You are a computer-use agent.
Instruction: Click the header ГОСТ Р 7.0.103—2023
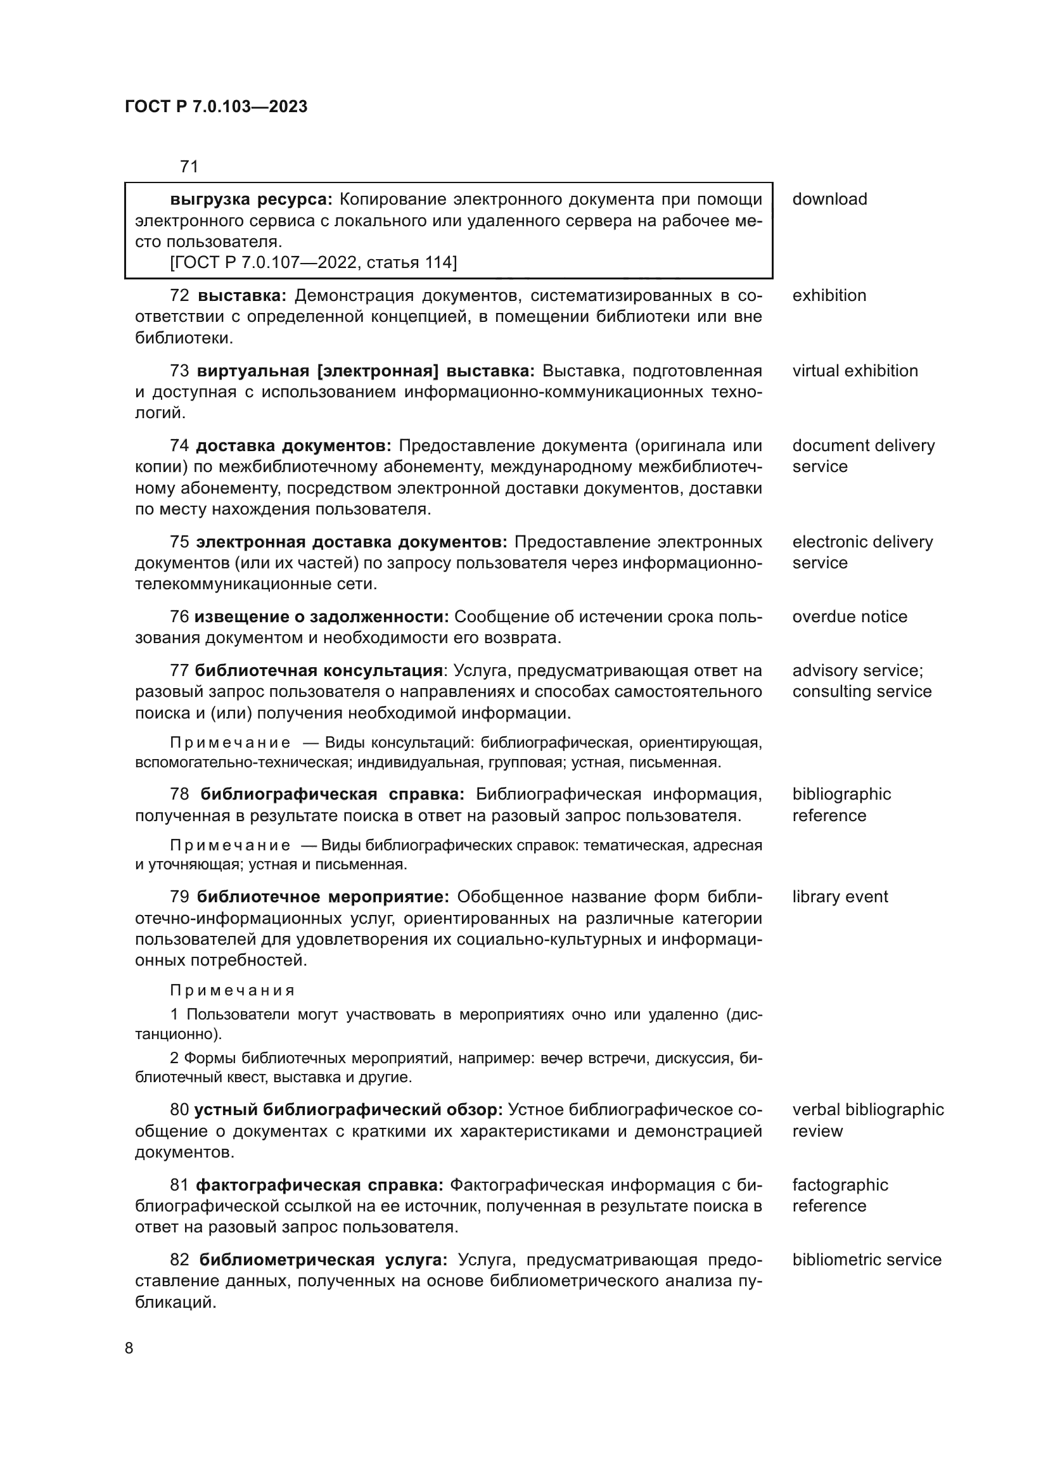pos(216,107)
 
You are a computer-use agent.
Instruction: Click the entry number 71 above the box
pos(189,167)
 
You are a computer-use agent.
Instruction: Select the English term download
pos(829,200)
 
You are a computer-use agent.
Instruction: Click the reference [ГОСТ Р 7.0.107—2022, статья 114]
pos(313,263)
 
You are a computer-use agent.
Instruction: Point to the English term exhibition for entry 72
pos(829,296)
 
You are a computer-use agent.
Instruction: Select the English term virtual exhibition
pos(855,371)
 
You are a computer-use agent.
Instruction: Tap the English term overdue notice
pos(849,617)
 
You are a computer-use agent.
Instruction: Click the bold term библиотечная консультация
pos(318,670)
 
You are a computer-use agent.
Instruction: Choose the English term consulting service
pos(862,692)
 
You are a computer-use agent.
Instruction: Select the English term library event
pos(840,897)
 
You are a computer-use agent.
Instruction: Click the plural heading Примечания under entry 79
pos(233,991)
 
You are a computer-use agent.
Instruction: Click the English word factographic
pos(840,1185)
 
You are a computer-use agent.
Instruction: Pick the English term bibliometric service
pos(867,1260)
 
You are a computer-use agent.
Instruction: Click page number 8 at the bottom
pos(129,1348)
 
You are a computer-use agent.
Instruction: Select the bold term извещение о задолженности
pos(321,617)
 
